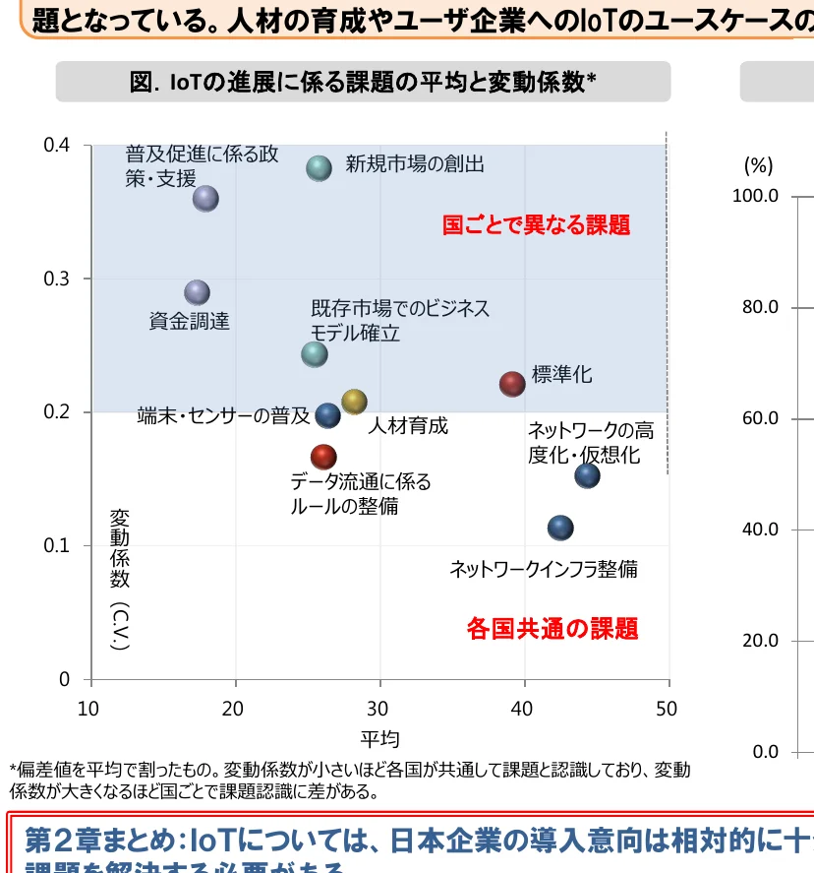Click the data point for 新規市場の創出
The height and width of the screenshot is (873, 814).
coord(319,168)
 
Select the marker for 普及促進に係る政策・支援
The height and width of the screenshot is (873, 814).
coord(204,198)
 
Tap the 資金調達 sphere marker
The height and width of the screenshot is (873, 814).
coord(198,292)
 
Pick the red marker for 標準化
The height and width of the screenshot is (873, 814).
coord(512,384)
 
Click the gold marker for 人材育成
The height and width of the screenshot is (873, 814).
coord(354,402)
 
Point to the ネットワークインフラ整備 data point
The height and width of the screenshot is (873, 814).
coord(560,528)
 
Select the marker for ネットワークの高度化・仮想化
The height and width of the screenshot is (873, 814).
coord(587,475)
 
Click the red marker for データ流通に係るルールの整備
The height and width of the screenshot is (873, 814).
coord(323,457)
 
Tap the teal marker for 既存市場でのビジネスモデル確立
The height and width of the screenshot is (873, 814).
coord(314,353)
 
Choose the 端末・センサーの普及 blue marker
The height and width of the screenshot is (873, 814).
coord(328,415)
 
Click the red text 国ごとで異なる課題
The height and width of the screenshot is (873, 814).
coord(536,225)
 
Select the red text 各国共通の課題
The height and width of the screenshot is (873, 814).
coord(552,628)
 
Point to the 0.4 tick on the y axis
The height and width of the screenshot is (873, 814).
coord(57,146)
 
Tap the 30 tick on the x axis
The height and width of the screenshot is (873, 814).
coord(378,709)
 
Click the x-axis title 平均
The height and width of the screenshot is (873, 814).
coord(379,739)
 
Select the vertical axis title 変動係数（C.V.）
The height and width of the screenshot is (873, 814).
coord(119,579)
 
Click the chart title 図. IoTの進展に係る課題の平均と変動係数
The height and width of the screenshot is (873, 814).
coord(363,83)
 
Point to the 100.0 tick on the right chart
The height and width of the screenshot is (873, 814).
coord(755,196)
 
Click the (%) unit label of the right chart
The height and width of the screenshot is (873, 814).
coord(758,164)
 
